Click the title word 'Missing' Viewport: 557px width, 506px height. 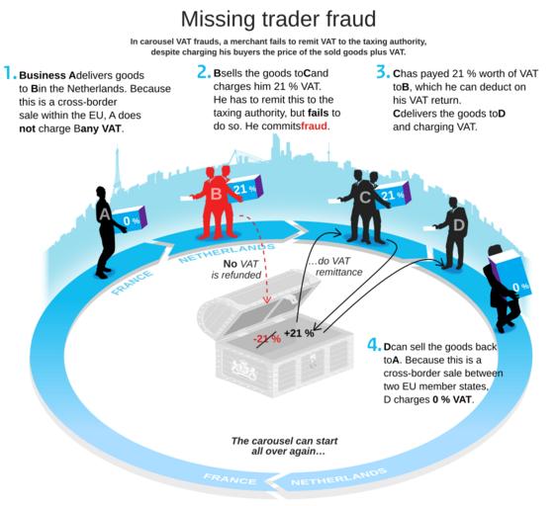coord(219,19)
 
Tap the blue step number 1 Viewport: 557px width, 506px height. coord(9,73)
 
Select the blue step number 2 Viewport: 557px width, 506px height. coord(204,72)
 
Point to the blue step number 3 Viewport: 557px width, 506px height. coord(383,72)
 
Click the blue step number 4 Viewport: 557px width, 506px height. coord(374,345)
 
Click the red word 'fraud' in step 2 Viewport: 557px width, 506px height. coord(314,126)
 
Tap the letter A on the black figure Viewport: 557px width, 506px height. coord(105,214)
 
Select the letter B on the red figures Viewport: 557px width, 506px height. coord(217,194)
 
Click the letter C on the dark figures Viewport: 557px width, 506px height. coord(365,198)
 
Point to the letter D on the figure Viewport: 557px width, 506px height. coord(459,225)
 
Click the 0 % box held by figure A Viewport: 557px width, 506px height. coord(130,220)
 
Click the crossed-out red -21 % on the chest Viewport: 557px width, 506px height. coord(267,338)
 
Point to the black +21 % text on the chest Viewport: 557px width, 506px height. coord(299,333)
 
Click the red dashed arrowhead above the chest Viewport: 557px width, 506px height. coord(267,299)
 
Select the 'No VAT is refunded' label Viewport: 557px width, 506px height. coord(236,270)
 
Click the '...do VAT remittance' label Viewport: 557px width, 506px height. coord(334,267)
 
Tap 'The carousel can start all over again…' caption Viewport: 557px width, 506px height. coord(285,446)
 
